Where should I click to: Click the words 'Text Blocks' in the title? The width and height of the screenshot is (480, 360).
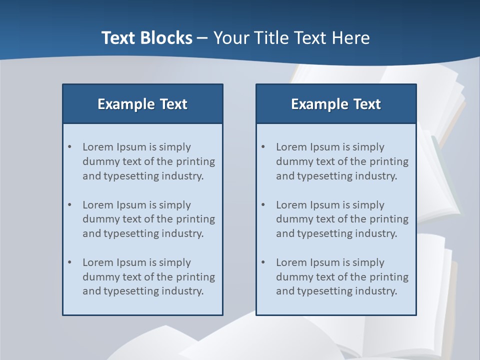point(147,38)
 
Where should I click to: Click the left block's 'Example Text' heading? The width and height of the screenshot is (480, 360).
point(142,104)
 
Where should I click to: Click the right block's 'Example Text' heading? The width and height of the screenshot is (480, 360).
point(336,104)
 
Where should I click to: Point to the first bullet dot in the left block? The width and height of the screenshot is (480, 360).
point(69,147)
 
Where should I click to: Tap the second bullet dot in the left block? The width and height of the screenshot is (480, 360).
point(69,205)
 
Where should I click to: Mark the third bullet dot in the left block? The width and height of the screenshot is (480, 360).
point(69,262)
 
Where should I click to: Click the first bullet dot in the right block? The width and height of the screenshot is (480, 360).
point(263,147)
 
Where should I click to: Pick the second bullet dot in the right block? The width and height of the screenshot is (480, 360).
point(263,205)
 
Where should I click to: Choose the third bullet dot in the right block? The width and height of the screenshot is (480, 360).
point(263,262)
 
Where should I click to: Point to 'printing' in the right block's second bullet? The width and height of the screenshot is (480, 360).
point(389,219)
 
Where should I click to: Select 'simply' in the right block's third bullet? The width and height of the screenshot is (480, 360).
point(368,263)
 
